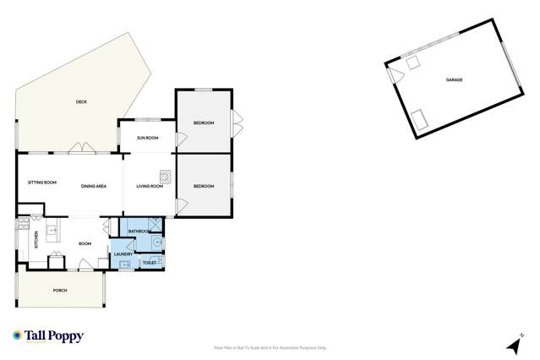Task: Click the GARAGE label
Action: tap(454, 79)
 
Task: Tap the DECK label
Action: tap(81, 101)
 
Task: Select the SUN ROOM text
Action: tap(148, 138)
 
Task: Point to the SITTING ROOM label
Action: tap(42, 183)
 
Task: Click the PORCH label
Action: tap(59, 290)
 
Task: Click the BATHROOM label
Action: tap(139, 231)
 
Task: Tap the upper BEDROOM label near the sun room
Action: tap(204, 123)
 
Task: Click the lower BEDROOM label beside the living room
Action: tap(204, 186)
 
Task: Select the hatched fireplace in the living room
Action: tap(166, 177)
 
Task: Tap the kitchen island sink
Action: tap(52, 229)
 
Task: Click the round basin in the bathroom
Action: tap(159, 243)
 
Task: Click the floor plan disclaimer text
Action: tap(270, 347)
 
